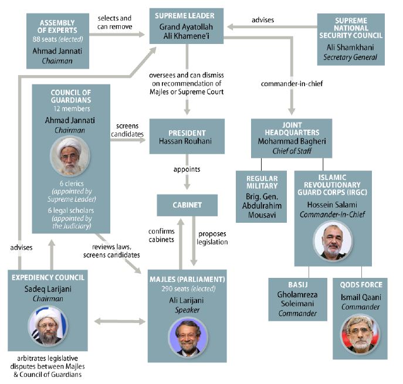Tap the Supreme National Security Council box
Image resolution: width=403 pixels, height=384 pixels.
coord(351,39)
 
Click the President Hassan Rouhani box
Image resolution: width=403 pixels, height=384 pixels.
coord(187,136)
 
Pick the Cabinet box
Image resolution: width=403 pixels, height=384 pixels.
coord(187,205)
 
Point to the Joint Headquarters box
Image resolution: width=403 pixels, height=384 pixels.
coord(291,138)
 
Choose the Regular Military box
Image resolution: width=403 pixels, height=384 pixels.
coord(261,196)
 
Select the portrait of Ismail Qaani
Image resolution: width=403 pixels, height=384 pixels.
coord(360,334)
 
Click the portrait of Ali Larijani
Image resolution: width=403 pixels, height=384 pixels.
coord(188,337)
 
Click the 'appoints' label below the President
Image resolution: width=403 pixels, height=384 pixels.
coord(187,169)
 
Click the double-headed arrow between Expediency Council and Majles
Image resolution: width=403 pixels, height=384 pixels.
coord(120,321)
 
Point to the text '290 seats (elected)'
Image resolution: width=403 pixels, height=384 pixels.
coord(187,288)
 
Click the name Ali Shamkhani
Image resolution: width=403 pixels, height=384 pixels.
coord(351,47)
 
